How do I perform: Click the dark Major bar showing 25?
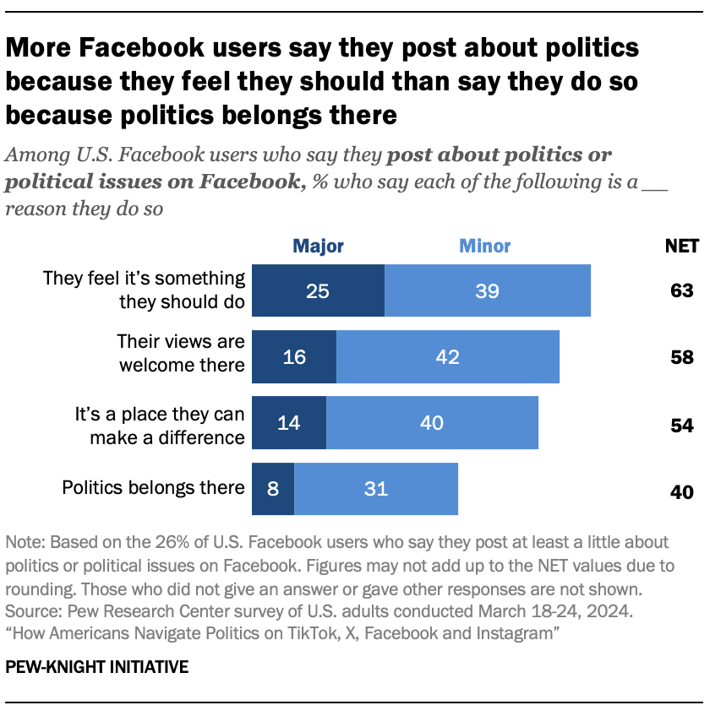click(x=318, y=290)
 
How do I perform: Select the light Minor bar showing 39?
click(x=487, y=290)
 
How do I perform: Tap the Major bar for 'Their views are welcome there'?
click(x=294, y=356)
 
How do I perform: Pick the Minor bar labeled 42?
click(x=447, y=356)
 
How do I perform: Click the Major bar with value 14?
click(x=289, y=422)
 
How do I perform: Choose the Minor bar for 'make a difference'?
click(x=432, y=422)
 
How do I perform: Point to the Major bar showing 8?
click(x=273, y=488)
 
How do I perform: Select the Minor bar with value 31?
click(x=375, y=488)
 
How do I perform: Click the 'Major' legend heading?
click(x=318, y=247)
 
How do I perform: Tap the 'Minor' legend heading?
click(x=484, y=247)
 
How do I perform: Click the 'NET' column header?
click(x=682, y=247)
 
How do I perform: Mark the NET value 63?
click(x=681, y=290)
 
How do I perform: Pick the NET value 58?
click(x=681, y=357)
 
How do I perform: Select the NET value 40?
click(x=681, y=490)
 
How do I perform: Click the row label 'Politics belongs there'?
click(x=153, y=487)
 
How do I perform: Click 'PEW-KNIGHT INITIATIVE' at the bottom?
click(x=96, y=667)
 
